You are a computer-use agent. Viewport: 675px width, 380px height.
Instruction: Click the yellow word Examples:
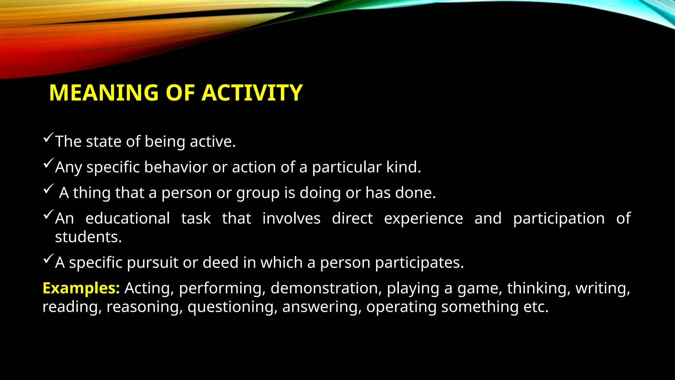tap(81, 288)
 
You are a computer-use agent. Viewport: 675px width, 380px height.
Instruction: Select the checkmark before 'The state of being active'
tap(48, 138)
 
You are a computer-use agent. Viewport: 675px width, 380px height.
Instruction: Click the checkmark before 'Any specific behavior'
tap(48, 163)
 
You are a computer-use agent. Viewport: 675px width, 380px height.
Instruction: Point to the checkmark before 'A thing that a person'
tap(48, 189)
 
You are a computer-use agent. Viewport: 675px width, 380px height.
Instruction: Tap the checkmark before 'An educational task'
tap(48, 215)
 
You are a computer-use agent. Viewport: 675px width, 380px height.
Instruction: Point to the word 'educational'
tap(128, 218)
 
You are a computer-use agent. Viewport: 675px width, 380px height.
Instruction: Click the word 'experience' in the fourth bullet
tap(424, 218)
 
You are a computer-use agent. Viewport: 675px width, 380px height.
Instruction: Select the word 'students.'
tap(88, 237)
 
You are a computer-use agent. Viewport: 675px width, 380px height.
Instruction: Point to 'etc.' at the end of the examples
tap(536, 307)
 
